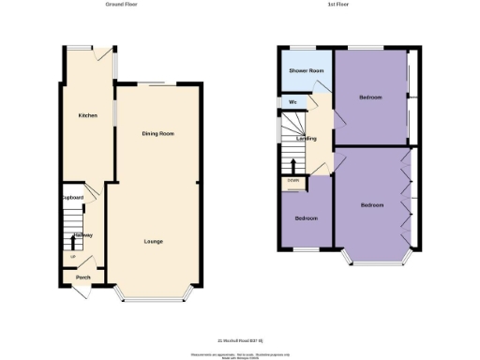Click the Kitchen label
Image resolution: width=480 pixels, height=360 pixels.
[x=87, y=115]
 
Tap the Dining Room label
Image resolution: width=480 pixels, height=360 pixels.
[x=157, y=134]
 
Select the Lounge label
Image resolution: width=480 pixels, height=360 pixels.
[x=153, y=242]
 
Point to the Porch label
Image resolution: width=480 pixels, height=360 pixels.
[x=83, y=277]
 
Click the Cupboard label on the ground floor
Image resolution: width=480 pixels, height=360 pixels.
[x=73, y=198]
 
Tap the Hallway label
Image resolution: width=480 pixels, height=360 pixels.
[x=83, y=235]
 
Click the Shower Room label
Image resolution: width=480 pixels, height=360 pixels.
[x=306, y=70]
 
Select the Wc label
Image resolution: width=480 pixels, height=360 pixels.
[x=292, y=101]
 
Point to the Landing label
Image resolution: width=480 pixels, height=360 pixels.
[x=306, y=139]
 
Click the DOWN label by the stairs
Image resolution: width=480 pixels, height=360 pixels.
[x=293, y=181]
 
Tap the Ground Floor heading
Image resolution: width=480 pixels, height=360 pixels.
[x=123, y=5]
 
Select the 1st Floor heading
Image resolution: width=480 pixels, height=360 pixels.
[x=338, y=5]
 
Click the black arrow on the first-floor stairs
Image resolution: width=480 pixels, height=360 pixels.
[x=293, y=169]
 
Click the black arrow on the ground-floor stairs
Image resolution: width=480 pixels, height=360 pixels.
[x=73, y=245]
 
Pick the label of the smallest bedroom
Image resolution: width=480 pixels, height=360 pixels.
[x=306, y=218]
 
